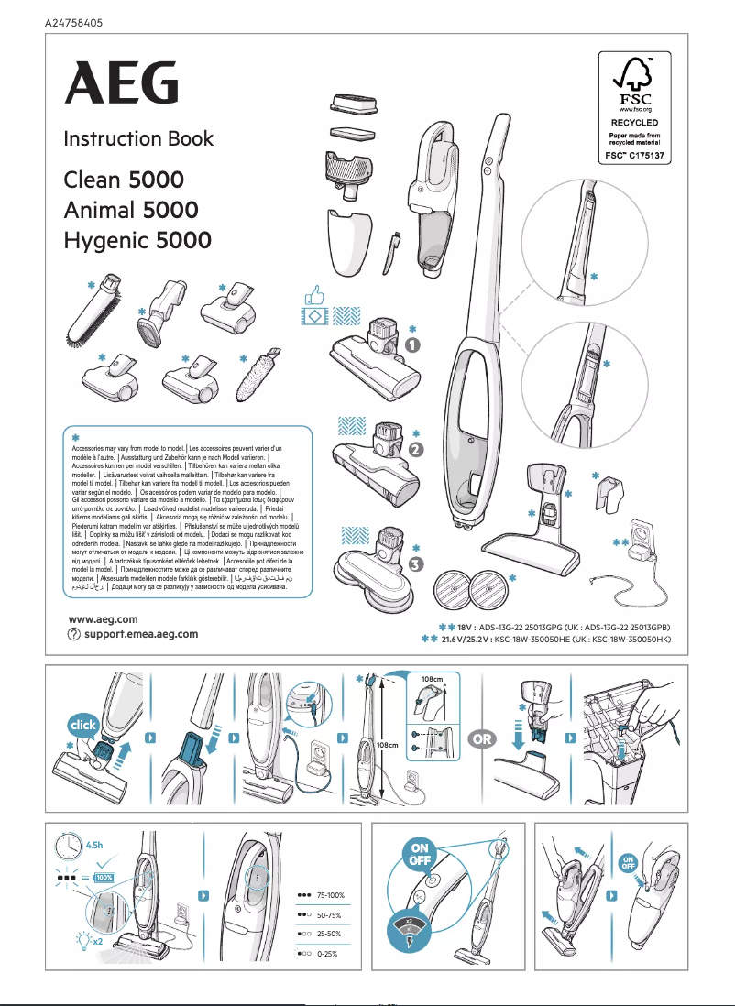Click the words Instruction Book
tap(137, 139)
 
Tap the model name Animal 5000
tap(130, 210)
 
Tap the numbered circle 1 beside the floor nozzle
tap(413, 345)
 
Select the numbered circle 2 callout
tap(416, 450)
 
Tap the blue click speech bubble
tap(82, 725)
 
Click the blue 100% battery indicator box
tap(104, 878)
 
